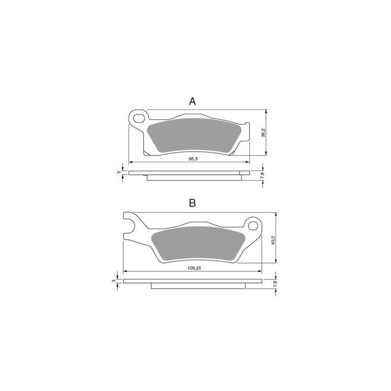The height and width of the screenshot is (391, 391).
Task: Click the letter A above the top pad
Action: click(x=193, y=101)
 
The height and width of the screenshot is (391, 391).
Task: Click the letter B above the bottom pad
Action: click(x=193, y=203)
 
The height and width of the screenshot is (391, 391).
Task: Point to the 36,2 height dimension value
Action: click(x=262, y=133)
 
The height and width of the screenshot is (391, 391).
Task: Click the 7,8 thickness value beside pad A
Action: click(x=263, y=175)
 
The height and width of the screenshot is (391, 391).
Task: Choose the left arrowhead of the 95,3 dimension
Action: click(x=130, y=162)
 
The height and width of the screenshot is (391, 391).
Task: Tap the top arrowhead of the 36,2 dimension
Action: click(x=264, y=110)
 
